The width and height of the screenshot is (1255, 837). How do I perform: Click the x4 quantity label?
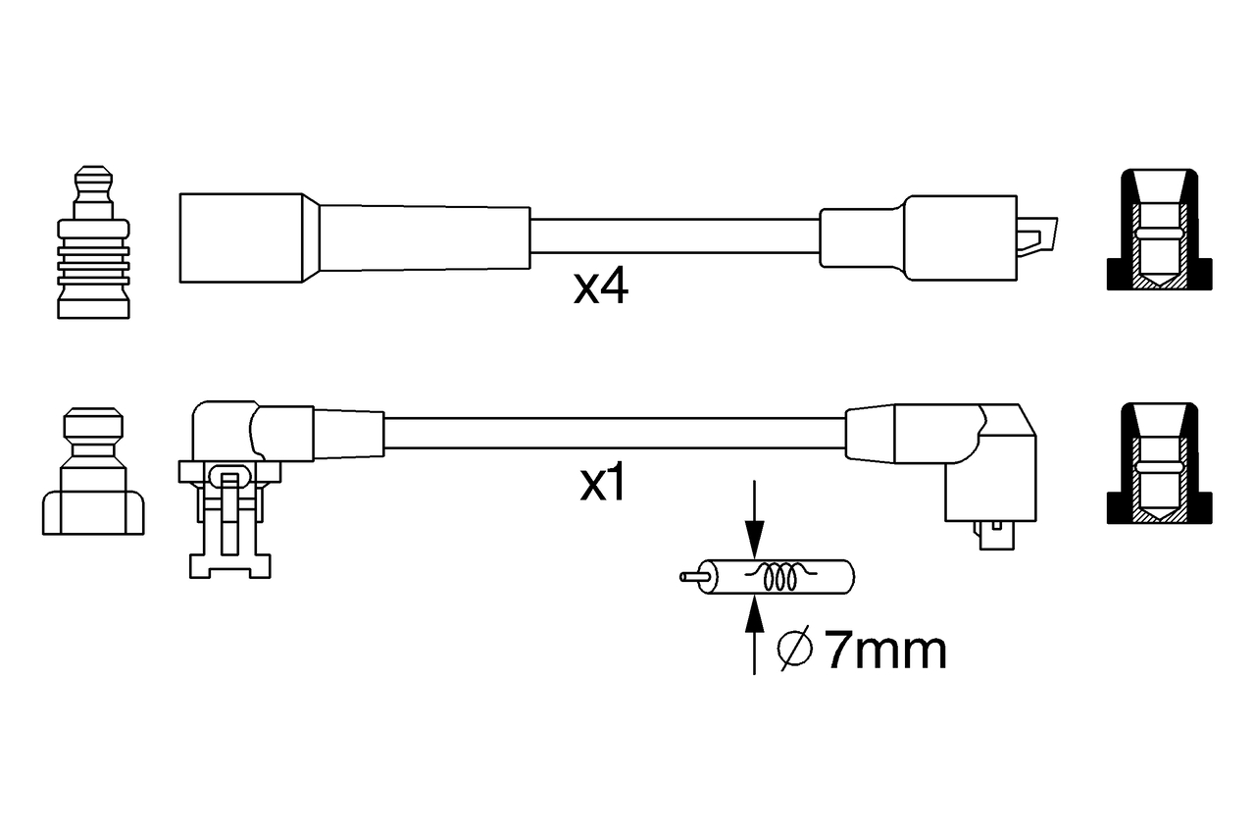[600, 287]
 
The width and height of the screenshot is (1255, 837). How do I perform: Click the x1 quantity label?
[602, 484]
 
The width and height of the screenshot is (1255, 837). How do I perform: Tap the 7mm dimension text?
[885, 651]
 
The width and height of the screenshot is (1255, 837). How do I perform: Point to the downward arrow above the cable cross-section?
[753, 530]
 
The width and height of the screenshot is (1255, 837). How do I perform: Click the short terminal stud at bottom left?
[93, 471]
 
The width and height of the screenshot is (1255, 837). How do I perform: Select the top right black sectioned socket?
[1159, 231]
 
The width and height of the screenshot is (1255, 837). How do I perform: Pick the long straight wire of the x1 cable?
[613, 433]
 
